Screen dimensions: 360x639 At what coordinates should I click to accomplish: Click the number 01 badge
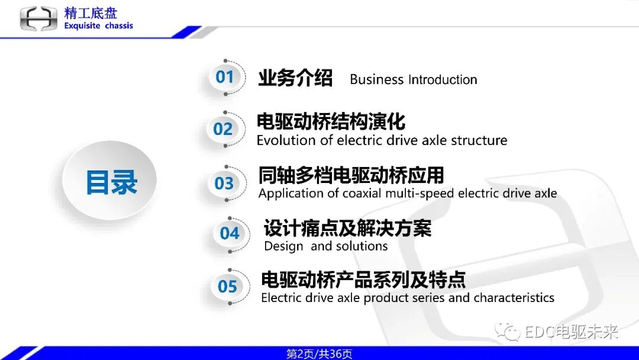pyautogui.click(x=225, y=77)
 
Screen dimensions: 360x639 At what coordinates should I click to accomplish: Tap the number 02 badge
pyautogui.click(x=223, y=129)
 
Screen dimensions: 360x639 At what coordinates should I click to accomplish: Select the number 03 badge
pyautogui.click(x=224, y=184)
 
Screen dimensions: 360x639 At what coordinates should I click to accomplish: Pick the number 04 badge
pyautogui.click(x=230, y=233)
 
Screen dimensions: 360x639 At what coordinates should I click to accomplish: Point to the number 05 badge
pyautogui.click(x=227, y=287)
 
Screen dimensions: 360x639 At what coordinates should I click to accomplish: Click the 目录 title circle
pyautogui.click(x=111, y=182)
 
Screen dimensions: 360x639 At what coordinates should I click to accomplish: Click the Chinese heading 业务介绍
pyautogui.click(x=295, y=78)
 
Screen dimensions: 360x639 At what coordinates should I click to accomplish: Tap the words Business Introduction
pyautogui.click(x=413, y=79)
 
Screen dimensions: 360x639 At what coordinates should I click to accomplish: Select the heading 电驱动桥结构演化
pyautogui.click(x=331, y=122)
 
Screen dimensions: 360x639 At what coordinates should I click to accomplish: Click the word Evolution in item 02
pyautogui.click(x=286, y=141)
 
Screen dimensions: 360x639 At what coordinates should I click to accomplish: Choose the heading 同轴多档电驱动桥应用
pyautogui.click(x=351, y=175)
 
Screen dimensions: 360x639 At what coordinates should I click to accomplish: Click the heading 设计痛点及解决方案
pyautogui.click(x=347, y=228)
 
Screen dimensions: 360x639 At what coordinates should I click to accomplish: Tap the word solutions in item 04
pyautogui.click(x=362, y=246)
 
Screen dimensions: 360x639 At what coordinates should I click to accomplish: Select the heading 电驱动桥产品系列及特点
pyautogui.click(x=363, y=279)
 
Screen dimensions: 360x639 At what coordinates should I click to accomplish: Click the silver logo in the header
pyautogui.click(x=38, y=18)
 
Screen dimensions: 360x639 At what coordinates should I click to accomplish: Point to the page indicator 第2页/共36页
pyautogui.click(x=319, y=354)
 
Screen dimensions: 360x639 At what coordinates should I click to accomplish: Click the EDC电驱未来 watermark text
pyautogui.click(x=570, y=332)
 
